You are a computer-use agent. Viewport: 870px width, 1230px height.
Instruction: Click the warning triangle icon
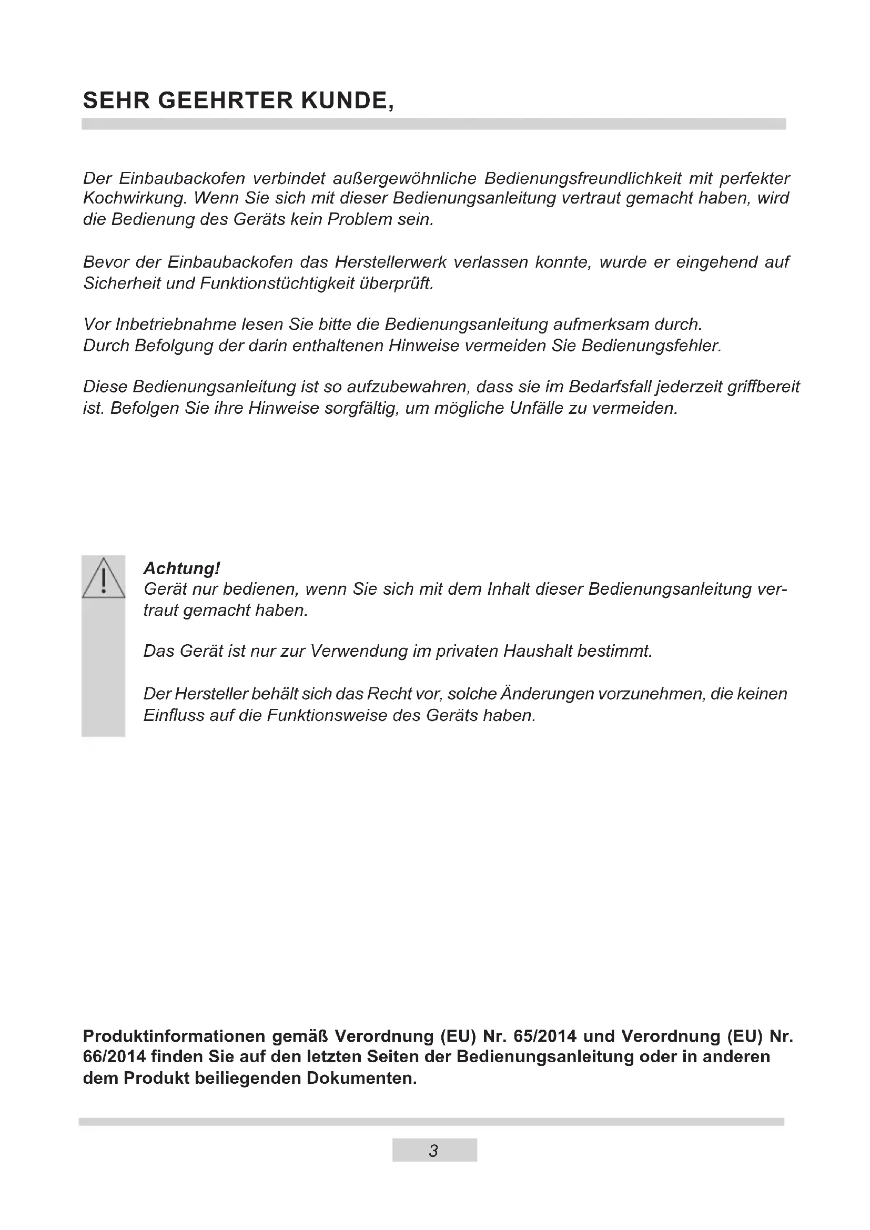point(104,578)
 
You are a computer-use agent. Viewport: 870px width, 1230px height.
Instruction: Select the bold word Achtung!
point(181,568)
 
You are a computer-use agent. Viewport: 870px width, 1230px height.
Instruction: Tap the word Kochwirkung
point(135,199)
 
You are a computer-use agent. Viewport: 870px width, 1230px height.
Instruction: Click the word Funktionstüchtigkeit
point(277,283)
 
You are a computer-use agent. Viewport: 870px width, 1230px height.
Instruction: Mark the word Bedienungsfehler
point(651,346)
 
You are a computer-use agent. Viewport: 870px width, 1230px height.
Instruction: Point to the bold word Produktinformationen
point(174,1036)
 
